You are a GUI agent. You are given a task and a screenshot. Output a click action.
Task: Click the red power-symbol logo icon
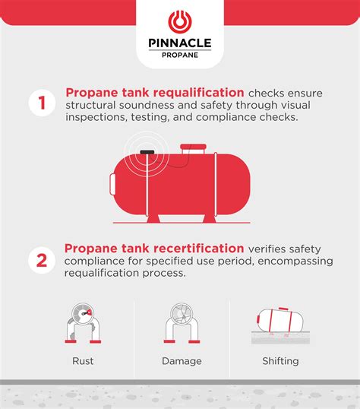[180, 21]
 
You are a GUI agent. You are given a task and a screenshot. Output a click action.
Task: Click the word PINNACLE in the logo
[180, 43]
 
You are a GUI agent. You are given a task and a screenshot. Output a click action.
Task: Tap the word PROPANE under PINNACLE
[180, 55]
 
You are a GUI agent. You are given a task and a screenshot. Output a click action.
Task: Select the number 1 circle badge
[42, 103]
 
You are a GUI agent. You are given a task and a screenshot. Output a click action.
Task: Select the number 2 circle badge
[42, 260]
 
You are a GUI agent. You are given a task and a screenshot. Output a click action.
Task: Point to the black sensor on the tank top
[147, 152]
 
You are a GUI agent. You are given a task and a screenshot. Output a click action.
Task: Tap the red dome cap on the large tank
[193, 147]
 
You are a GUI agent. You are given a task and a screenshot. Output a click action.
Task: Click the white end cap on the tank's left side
[112, 184]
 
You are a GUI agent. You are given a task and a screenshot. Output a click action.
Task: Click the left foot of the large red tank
[153, 219]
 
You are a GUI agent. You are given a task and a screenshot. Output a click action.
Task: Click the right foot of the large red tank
[210, 219]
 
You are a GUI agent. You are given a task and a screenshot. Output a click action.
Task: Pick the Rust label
[83, 361]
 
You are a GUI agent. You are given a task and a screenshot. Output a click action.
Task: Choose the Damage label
[182, 361]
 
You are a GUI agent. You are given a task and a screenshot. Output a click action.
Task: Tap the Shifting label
[280, 361]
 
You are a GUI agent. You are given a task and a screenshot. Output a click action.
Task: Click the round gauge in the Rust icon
[83, 313]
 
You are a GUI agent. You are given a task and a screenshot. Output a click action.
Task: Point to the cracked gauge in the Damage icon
[182, 313]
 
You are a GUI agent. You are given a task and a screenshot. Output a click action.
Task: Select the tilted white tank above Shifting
[280, 320]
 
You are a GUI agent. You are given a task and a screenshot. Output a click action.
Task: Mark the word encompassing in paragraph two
[295, 261]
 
